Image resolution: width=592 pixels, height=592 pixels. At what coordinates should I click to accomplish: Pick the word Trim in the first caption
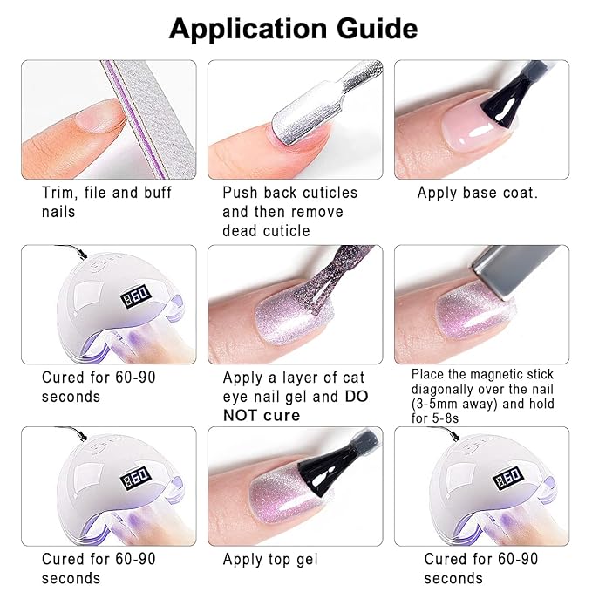point(59,193)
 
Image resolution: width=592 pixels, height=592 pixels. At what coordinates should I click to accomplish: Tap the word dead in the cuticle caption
point(242,231)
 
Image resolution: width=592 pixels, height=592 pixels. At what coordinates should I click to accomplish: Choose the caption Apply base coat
point(477,193)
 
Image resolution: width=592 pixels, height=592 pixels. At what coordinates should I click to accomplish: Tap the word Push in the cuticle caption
point(241,193)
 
